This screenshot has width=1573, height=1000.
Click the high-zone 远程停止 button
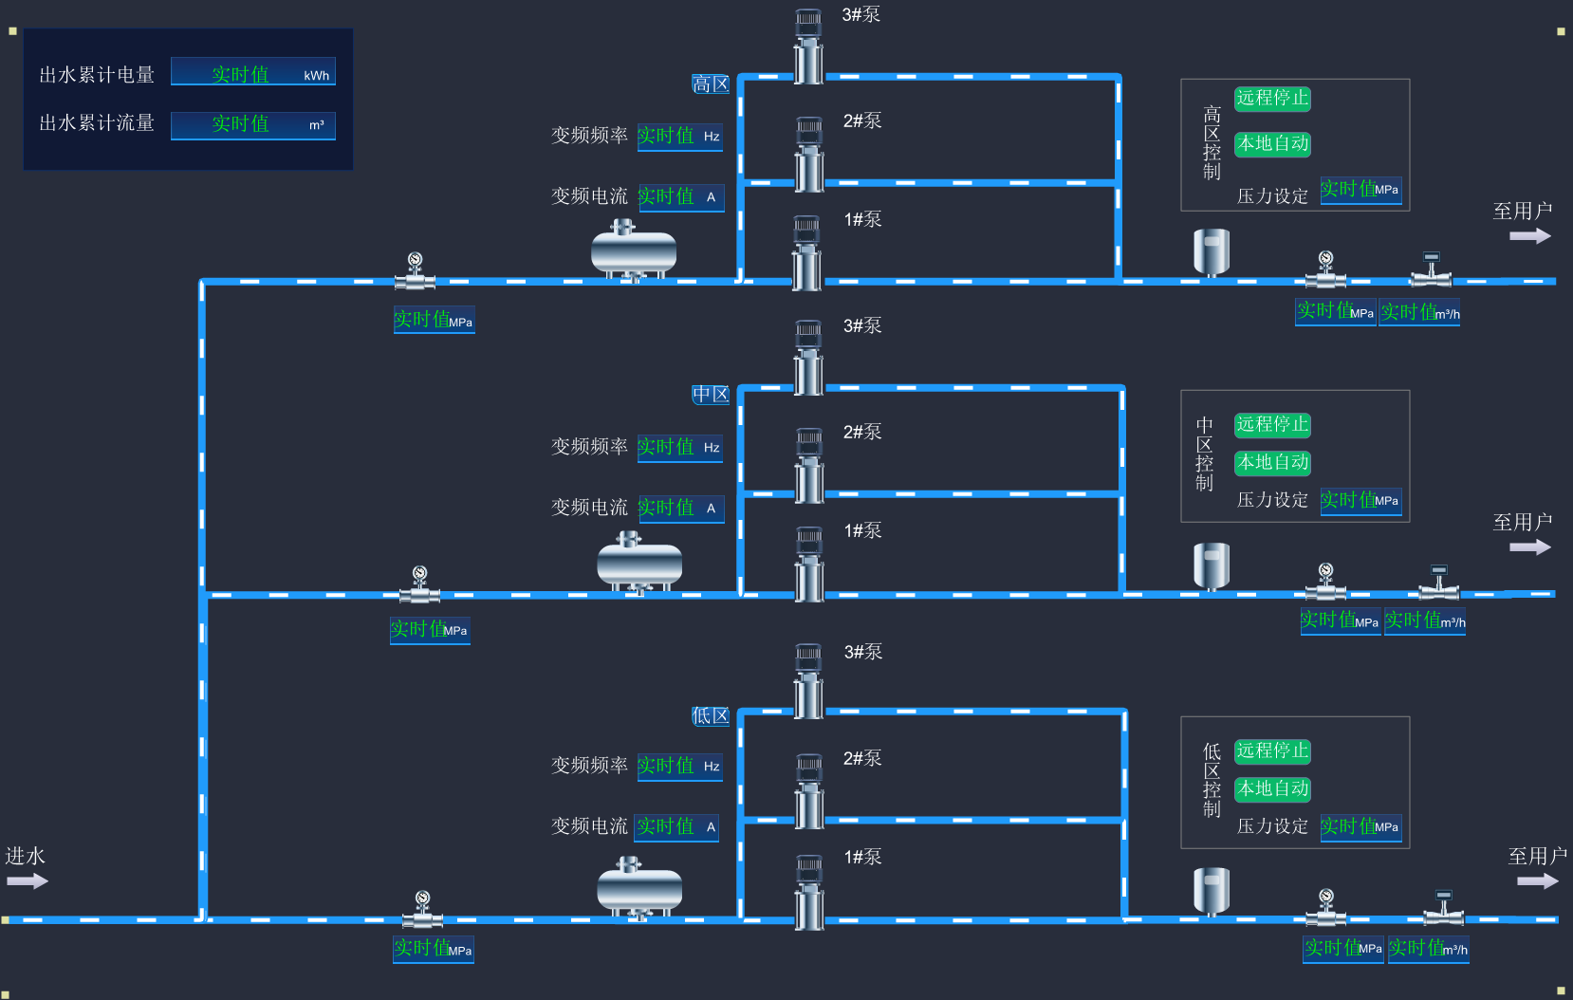coord(1272,99)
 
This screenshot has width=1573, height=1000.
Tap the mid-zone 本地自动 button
coord(1272,463)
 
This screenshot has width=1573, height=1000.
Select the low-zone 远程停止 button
coord(1272,751)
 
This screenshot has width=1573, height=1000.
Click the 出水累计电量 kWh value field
coord(252,74)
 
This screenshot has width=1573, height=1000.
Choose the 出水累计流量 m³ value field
coord(252,124)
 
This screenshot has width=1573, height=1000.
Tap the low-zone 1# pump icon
coord(809,892)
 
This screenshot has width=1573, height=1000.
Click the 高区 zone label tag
coord(711,84)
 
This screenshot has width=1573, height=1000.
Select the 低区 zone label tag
coord(711,716)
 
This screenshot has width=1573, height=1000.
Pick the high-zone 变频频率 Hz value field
coord(679,137)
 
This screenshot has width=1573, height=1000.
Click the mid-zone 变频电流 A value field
coord(680,509)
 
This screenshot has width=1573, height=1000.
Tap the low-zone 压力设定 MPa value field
coord(1360,826)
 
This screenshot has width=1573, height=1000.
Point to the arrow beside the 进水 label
coord(27,881)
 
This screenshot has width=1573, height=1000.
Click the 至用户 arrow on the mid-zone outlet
coord(1529,547)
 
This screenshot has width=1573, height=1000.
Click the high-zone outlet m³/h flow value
coord(1419,312)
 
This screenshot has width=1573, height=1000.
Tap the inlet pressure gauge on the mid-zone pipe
coord(419,585)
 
